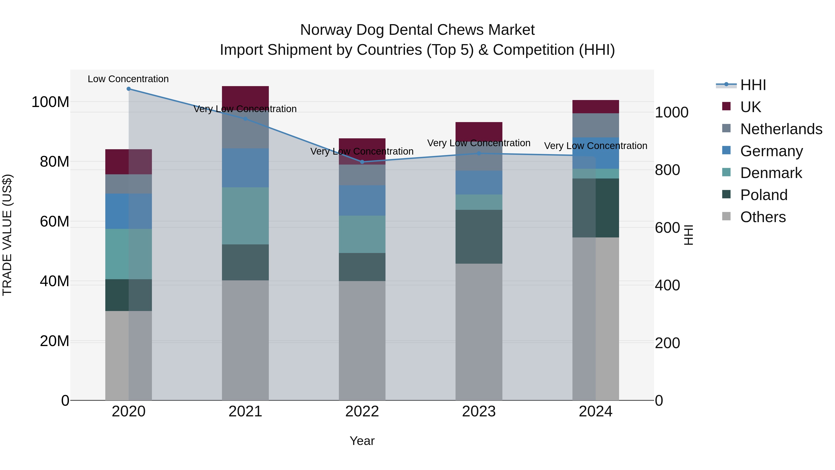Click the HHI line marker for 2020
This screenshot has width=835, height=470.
point(129,89)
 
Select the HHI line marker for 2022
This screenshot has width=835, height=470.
point(362,162)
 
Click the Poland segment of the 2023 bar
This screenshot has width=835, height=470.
point(479,237)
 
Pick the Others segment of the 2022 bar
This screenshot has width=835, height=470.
point(362,340)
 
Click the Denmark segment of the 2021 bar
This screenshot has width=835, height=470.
point(245,216)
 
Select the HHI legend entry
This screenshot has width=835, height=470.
point(753,85)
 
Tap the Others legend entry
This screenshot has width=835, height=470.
point(763,217)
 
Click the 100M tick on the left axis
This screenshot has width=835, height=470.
point(50,102)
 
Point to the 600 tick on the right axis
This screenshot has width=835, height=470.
point(667,228)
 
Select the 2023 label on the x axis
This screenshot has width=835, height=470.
point(479,412)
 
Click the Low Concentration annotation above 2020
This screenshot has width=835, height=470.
point(128,79)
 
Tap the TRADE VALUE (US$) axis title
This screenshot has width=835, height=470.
point(7,235)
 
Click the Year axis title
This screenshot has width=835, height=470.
point(362,441)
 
